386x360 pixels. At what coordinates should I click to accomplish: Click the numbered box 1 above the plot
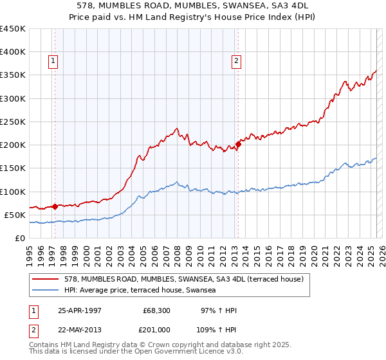point(52,61)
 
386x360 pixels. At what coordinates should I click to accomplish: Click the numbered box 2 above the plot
point(236,61)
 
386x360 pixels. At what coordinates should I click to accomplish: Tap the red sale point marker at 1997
point(55,206)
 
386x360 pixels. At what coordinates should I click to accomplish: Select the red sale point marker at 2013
point(238,145)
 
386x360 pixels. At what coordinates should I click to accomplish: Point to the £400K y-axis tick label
point(13,52)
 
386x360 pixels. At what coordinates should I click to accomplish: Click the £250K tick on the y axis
point(13,122)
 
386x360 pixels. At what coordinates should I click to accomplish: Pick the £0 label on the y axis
point(19,238)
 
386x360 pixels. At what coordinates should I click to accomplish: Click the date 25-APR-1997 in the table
point(80,310)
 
